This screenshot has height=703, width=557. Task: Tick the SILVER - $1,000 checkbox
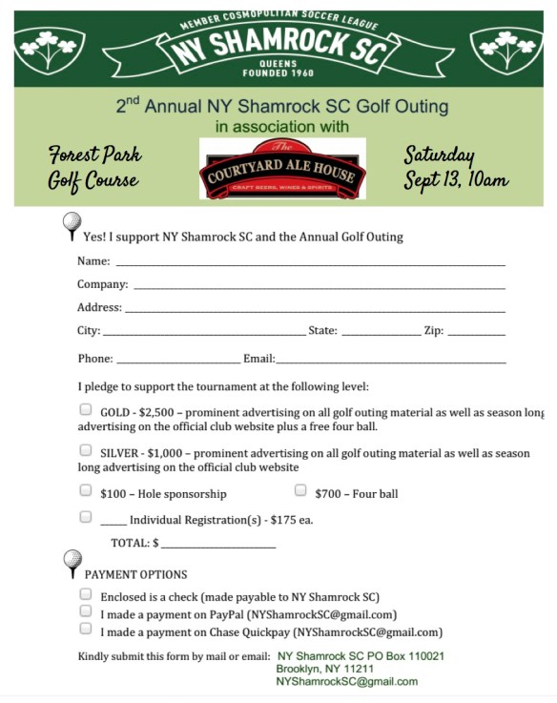coord(86,450)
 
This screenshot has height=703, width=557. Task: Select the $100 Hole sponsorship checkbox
coord(86,492)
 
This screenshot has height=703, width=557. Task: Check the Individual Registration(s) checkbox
coord(86,517)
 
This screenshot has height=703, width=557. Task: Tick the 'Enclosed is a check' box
coord(86,594)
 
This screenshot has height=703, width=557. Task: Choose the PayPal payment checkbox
coord(86,612)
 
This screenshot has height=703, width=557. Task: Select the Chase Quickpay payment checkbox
coord(86,630)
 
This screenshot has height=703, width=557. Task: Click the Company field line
coord(319,285)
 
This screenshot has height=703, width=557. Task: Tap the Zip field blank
coord(476,333)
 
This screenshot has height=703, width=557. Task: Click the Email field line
coord(390,361)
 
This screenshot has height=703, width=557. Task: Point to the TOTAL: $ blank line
coord(218,545)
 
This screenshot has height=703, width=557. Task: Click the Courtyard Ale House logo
coord(282,169)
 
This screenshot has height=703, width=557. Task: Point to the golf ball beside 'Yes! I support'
coord(72,225)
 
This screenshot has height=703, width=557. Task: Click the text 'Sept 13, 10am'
coord(456,179)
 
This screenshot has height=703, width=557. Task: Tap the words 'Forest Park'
coord(95,155)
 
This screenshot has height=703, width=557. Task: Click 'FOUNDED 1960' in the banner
coord(279,72)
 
